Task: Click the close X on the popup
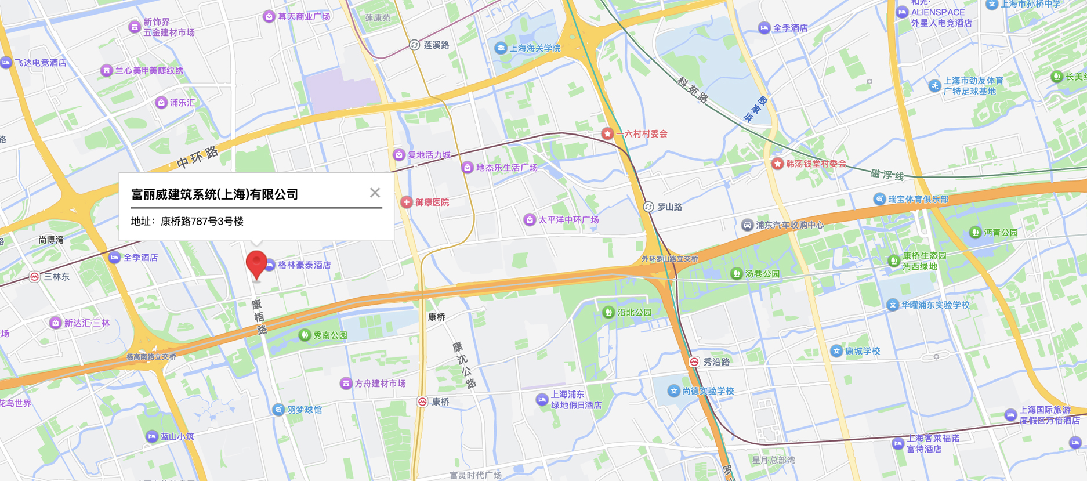click(375, 193)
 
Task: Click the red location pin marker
click(256, 264)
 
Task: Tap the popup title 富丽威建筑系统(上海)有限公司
click(215, 194)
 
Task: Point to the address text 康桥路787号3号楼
click(202, 221)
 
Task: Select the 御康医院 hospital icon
click(407, 202)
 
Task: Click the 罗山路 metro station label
click(669, 207)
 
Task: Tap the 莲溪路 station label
click(436, 45)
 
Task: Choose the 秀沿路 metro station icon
click(694, 361)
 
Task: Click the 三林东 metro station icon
click(35, 277)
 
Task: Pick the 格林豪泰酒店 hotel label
click(305, 265)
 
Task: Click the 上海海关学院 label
click(535, 48)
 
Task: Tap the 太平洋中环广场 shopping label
click(568, 220)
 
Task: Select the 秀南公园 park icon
click(305, 335)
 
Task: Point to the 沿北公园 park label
click(635, 312)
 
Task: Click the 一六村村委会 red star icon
click(607, 134)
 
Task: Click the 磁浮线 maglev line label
click(887, 174)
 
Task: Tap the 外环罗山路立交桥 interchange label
click(670, 259)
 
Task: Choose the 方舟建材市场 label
click(380, 384)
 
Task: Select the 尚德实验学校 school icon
click(673, 391)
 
